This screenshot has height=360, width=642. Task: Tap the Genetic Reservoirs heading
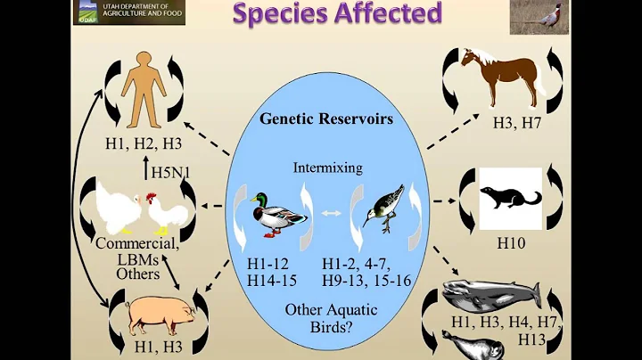pyautogui.click(x=321, y=119)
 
